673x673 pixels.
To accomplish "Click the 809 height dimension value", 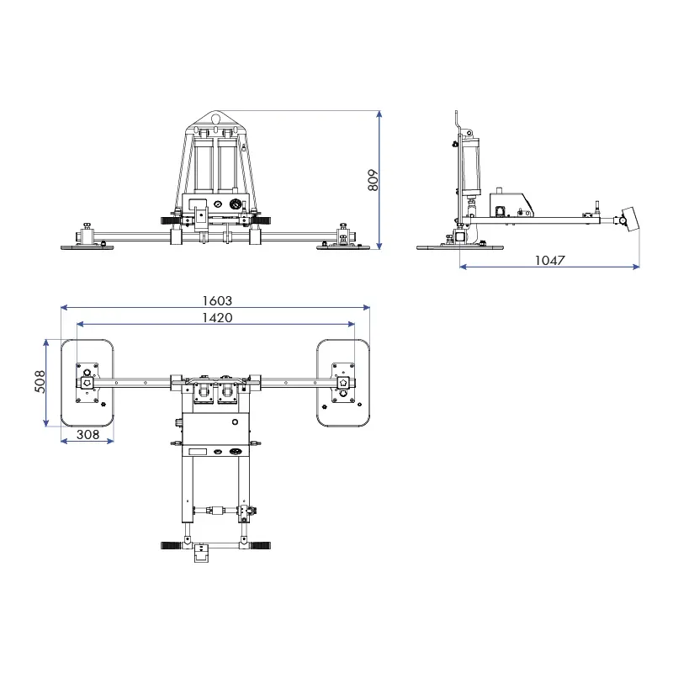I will [x=374, y=180].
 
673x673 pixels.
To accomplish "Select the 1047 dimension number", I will [x=550, y=261].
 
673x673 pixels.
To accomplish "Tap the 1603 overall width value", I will [x=216, y=300].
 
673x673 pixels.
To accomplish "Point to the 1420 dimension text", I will [x=216, y=317].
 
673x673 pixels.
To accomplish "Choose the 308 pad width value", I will [x=87, y=434].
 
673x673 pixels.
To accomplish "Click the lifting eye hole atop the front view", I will [x=217, y=119].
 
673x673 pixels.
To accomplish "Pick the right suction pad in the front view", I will [x=343, y=246].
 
